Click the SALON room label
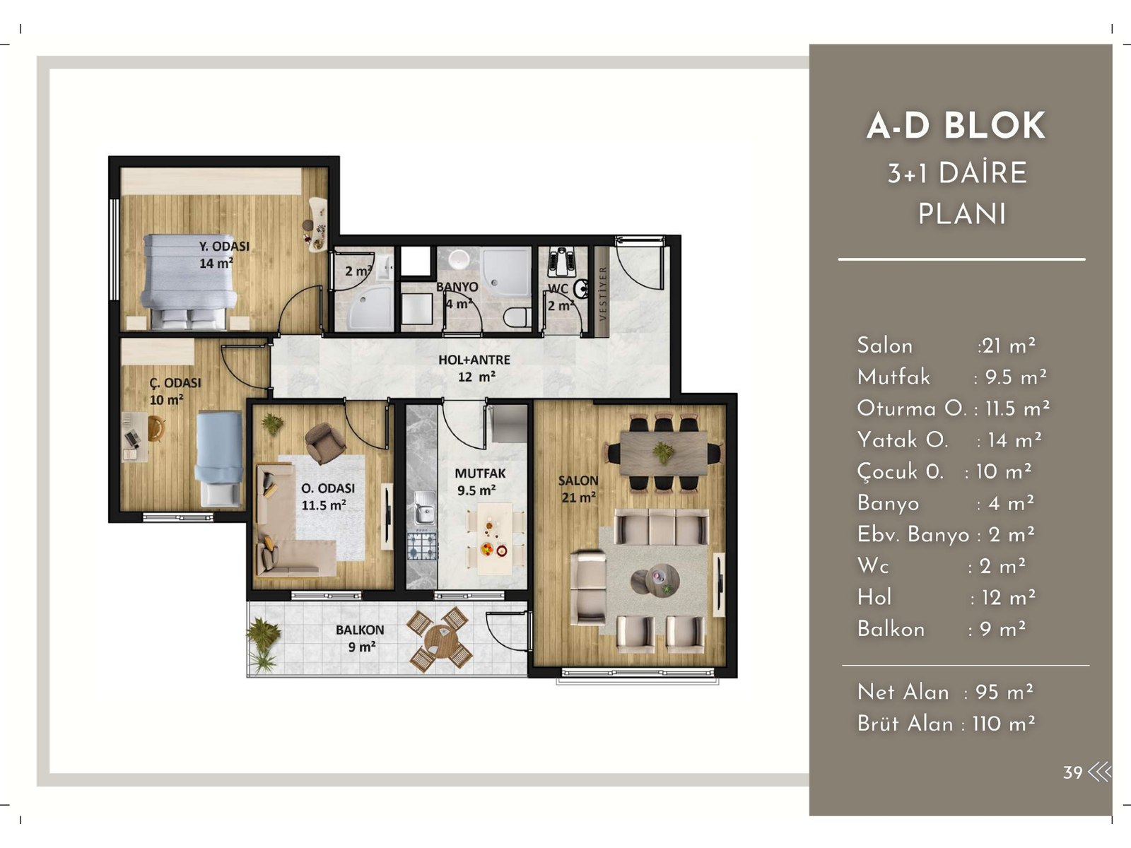(578, 481)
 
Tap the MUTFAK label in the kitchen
(480, 473)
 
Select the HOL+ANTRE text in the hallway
(474, 360)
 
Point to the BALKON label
(360, 630)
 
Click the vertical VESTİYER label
(602, 293)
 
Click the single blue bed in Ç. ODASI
(218, 458)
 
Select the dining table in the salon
(664, 453)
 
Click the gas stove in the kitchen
(422, 546)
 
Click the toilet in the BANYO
(517, 316)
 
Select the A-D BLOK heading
(956, 126)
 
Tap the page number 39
(1072, 772)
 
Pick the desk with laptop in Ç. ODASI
(136, 435)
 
